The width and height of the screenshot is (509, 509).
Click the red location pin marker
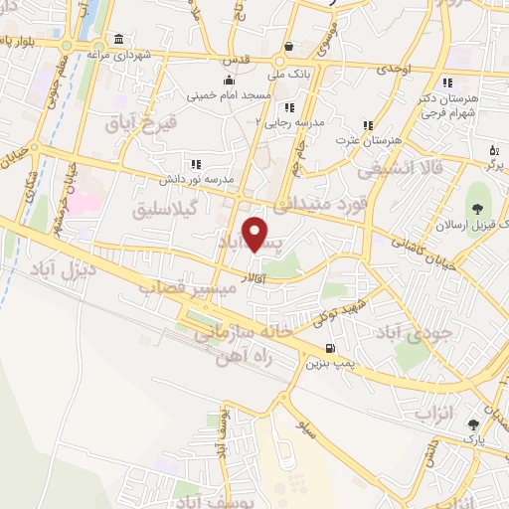(256, 233)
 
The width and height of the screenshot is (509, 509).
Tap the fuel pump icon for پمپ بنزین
(329, 349)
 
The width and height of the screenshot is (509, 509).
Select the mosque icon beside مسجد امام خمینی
(230, 81)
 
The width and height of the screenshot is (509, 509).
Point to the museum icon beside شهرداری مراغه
(118, 39)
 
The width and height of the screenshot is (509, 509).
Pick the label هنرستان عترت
(368, 141)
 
